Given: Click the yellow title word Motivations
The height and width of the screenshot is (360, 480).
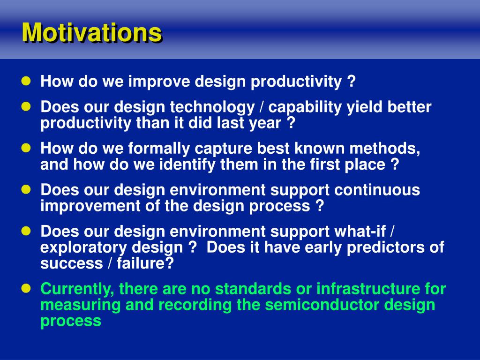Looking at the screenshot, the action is pyautogui.click(x=91, y=32).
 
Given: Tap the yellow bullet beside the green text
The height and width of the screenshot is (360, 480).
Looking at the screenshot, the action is pyautogui.click(x=26, y=288).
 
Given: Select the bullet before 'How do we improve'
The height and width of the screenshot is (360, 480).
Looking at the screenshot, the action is pyautogui.click(x=26, y=81).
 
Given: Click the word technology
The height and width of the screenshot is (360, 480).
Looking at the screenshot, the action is pyautogui.click(x=212, y=108).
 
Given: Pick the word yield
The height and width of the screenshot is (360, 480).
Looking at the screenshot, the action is pyautogui.click(x=364, y=108).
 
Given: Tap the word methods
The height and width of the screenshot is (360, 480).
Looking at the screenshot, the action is pyautogui.click(x=385, y=149).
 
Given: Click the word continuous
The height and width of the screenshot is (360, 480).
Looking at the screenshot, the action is pyautogui.click(x=377, y=190).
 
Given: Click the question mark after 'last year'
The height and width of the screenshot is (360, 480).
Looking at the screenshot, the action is pyautogui.click(x=292, y=123).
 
